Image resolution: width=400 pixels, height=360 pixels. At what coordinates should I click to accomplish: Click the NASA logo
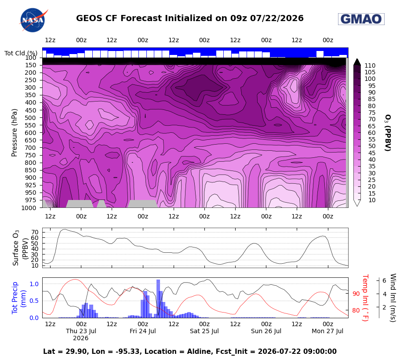tap(33, 20)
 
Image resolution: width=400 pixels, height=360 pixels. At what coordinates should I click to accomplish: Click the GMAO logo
tap(361, 19)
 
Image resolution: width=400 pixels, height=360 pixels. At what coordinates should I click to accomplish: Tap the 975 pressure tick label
tap(30, 200)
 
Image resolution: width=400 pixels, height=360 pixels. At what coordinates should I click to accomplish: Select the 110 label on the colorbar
tap(370, 65)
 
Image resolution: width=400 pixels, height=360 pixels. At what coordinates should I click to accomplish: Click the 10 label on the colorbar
tap(372, 200)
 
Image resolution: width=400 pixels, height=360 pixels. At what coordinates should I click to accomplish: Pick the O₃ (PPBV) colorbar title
tap(388, 133)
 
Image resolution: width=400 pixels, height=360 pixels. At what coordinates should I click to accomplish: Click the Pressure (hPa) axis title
tap(14, 133)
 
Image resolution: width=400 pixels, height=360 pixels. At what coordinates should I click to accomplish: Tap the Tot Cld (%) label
tap(21, 53)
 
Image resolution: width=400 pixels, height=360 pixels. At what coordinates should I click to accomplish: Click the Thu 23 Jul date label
tap(81, 331)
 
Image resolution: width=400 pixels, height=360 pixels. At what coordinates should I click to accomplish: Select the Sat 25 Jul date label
tap(204, 331)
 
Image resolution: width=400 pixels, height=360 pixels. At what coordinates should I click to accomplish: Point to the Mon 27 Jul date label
tap(327, 331)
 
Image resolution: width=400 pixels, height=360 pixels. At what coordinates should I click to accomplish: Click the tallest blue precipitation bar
tap(158, 298)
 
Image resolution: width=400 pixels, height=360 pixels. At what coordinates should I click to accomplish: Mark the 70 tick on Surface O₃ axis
tap(35, 232)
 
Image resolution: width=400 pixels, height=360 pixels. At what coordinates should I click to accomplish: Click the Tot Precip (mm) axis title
tap(18, 298)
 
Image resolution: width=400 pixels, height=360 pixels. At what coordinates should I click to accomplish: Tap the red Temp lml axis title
tap(365, 298)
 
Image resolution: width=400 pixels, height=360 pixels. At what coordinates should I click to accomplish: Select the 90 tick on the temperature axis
tap(356, 294)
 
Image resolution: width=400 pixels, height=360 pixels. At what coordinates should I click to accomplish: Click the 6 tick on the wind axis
tap(384, 280)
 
